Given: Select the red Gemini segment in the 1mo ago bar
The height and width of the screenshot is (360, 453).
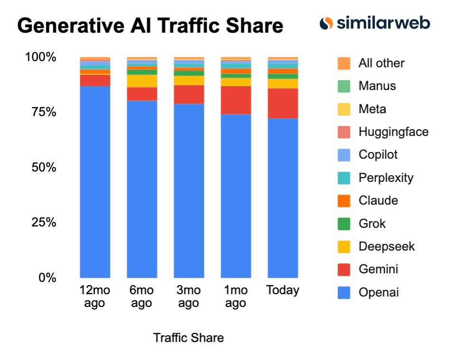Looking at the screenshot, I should point(236,100).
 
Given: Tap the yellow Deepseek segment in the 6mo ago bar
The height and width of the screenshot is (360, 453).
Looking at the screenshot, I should point(142,81).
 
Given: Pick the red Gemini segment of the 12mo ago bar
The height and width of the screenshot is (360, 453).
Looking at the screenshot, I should point(95,80).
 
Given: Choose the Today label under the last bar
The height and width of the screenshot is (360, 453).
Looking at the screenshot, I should point(283,290).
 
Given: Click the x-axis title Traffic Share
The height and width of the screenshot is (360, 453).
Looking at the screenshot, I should point(188,338).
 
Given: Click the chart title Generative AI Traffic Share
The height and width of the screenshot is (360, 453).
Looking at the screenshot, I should point(150,26).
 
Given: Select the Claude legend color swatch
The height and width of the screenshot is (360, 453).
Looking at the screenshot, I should point(344,200).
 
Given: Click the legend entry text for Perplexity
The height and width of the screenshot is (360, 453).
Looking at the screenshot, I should point(386,178).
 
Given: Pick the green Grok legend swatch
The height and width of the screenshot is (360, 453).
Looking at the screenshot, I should point(344,224).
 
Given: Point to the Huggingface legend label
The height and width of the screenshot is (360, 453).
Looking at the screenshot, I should point(393,132).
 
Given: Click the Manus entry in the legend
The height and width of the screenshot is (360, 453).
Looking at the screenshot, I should point(377,86).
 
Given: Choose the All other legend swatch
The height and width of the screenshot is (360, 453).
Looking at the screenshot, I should point(344,63).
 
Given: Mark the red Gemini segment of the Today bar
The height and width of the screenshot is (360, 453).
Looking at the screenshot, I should point(283,103).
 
